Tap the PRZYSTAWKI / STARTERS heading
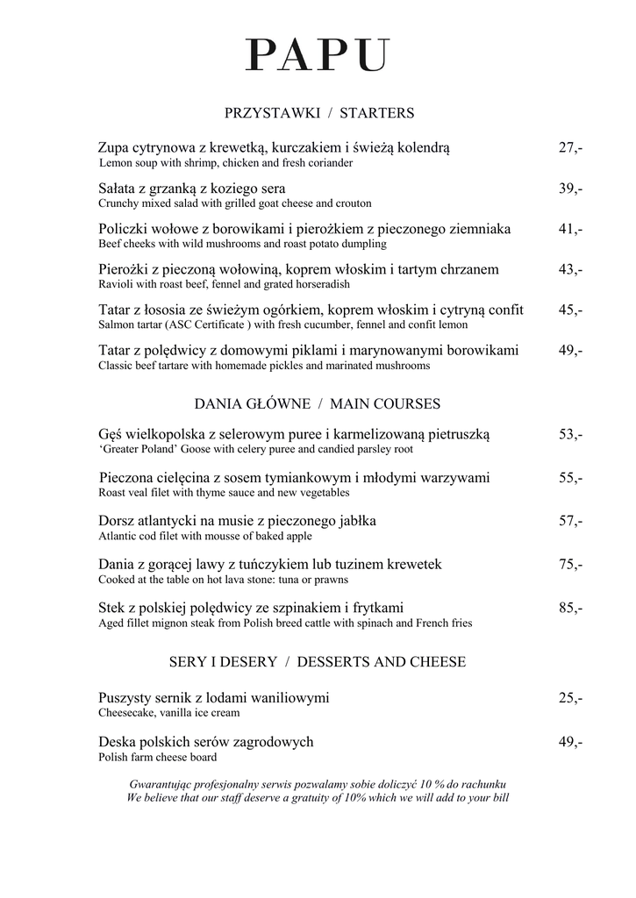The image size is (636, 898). coord(319,113)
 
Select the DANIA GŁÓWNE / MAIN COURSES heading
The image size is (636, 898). coord(317,404)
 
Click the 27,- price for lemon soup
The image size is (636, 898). coord(570,147)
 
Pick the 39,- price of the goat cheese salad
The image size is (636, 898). coord(570,189)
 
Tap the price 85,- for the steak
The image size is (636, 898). coord(570,607)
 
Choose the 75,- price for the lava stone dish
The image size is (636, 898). coord(570,564)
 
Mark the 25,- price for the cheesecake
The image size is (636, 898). coord(570,698)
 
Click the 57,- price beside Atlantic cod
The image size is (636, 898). coord(570,521)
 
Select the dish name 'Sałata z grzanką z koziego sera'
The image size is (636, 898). coord(192,189)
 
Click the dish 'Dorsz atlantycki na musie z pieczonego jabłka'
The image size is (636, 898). coord(237,521)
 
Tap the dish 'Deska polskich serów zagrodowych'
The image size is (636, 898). coord(205,742)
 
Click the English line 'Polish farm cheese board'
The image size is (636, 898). coord(158,757)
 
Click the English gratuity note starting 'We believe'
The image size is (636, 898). coord(318,798)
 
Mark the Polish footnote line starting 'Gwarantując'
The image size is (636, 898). coord(318,783)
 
